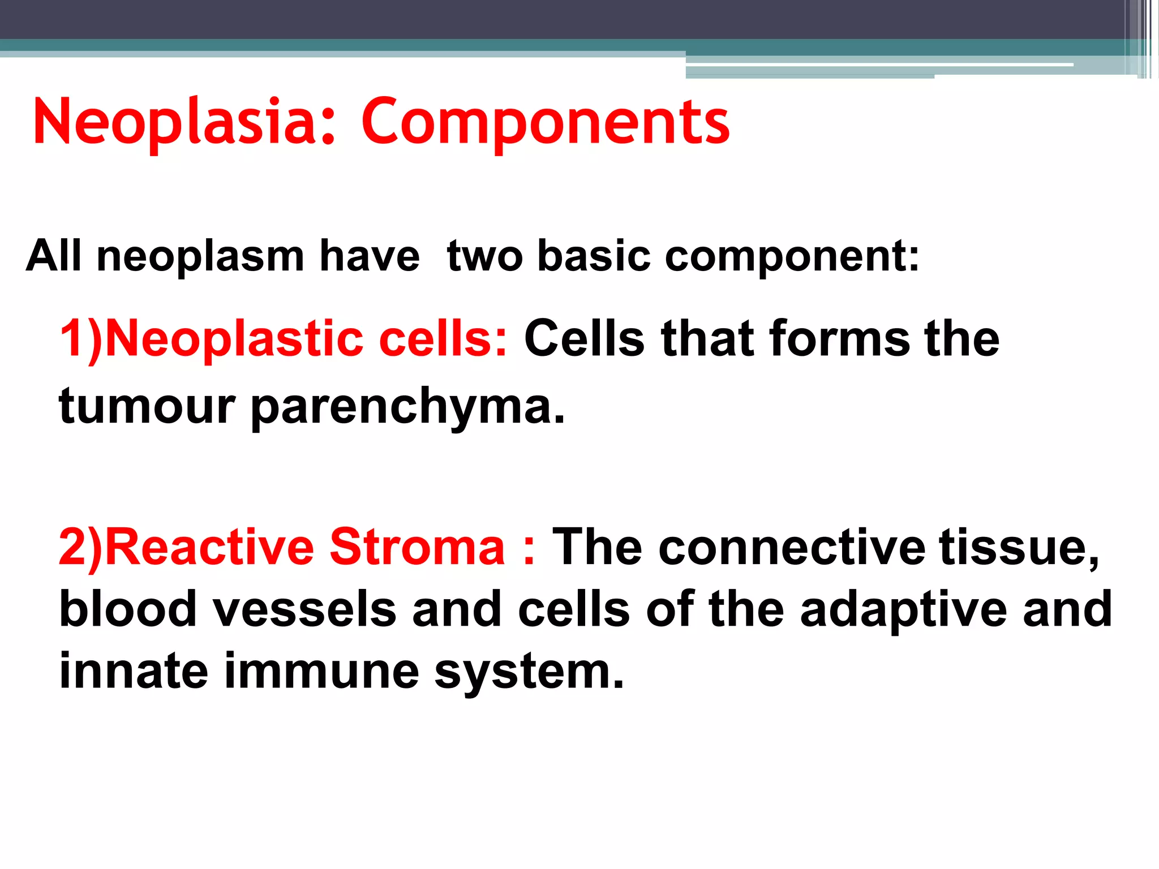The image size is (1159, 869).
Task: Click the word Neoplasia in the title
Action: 181,122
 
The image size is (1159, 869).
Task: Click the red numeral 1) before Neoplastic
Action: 80,339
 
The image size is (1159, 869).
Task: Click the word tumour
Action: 147,406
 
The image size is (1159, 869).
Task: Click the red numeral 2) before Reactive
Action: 80,547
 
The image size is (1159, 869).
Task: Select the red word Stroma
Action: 417,547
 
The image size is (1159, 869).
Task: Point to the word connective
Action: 792,547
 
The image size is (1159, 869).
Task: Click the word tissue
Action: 1019,547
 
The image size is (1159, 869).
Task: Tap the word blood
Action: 127,609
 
